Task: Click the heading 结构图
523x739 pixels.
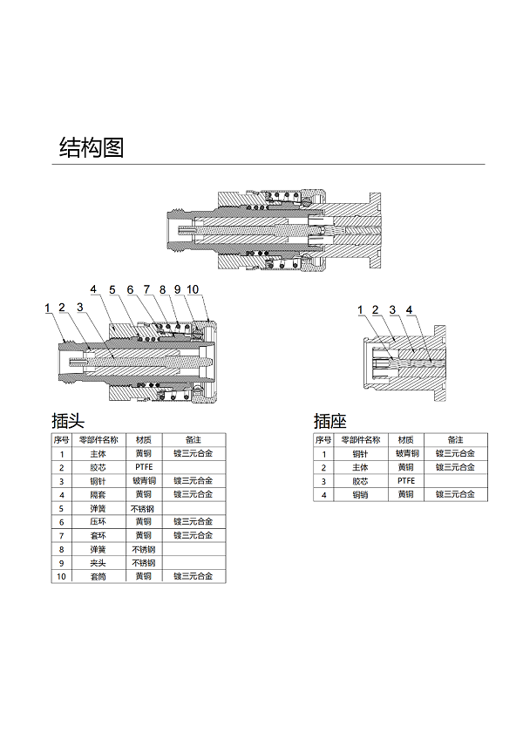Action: pyautogui.click(x=92, y=147)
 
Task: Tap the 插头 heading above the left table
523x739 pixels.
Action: pyautogui.click(x=68, y=420)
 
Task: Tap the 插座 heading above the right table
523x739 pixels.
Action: pyautogui.click(x=330, y=420)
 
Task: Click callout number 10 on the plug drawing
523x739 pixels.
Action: pyautogui.click(x=193, y=289)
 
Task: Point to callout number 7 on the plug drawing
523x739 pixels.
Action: pyautogui.click(x=146, y=289)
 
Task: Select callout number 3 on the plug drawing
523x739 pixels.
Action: pyautogui.click(x=79, y=308)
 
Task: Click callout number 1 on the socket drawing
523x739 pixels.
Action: pyautogui.click(x=360, y=309)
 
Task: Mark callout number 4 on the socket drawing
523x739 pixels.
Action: pyautogui.click(x=409, y=309)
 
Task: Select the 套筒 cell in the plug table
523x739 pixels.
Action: pyautogui.click(x=98, y=576)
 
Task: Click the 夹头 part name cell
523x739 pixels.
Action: pyautogui.click(x=98, y=563)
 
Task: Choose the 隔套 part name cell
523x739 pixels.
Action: pyautogui.click(x=98, y=494)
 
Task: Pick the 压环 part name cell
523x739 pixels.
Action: pyautogui.click(x=98, y=522)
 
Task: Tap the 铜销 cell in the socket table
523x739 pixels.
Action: pyautogui.click(x=360, y=494)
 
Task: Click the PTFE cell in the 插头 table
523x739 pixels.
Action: pyautogui.click(x=144, y=467)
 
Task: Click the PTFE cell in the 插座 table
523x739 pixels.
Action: pyautogui.click(x=406, y=481)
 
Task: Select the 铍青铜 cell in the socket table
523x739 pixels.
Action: pyautogui.click(x=407, y=453)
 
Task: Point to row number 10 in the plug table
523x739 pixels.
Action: pyautogui.click(x=61, y=576)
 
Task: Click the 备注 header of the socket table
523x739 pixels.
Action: pyautogui.click(x=456, y=440)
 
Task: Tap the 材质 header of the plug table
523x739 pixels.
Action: pyautogui.click(x=144, y=440)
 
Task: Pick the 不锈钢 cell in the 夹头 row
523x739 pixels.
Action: pyautogui.click(x=144, y=563)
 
